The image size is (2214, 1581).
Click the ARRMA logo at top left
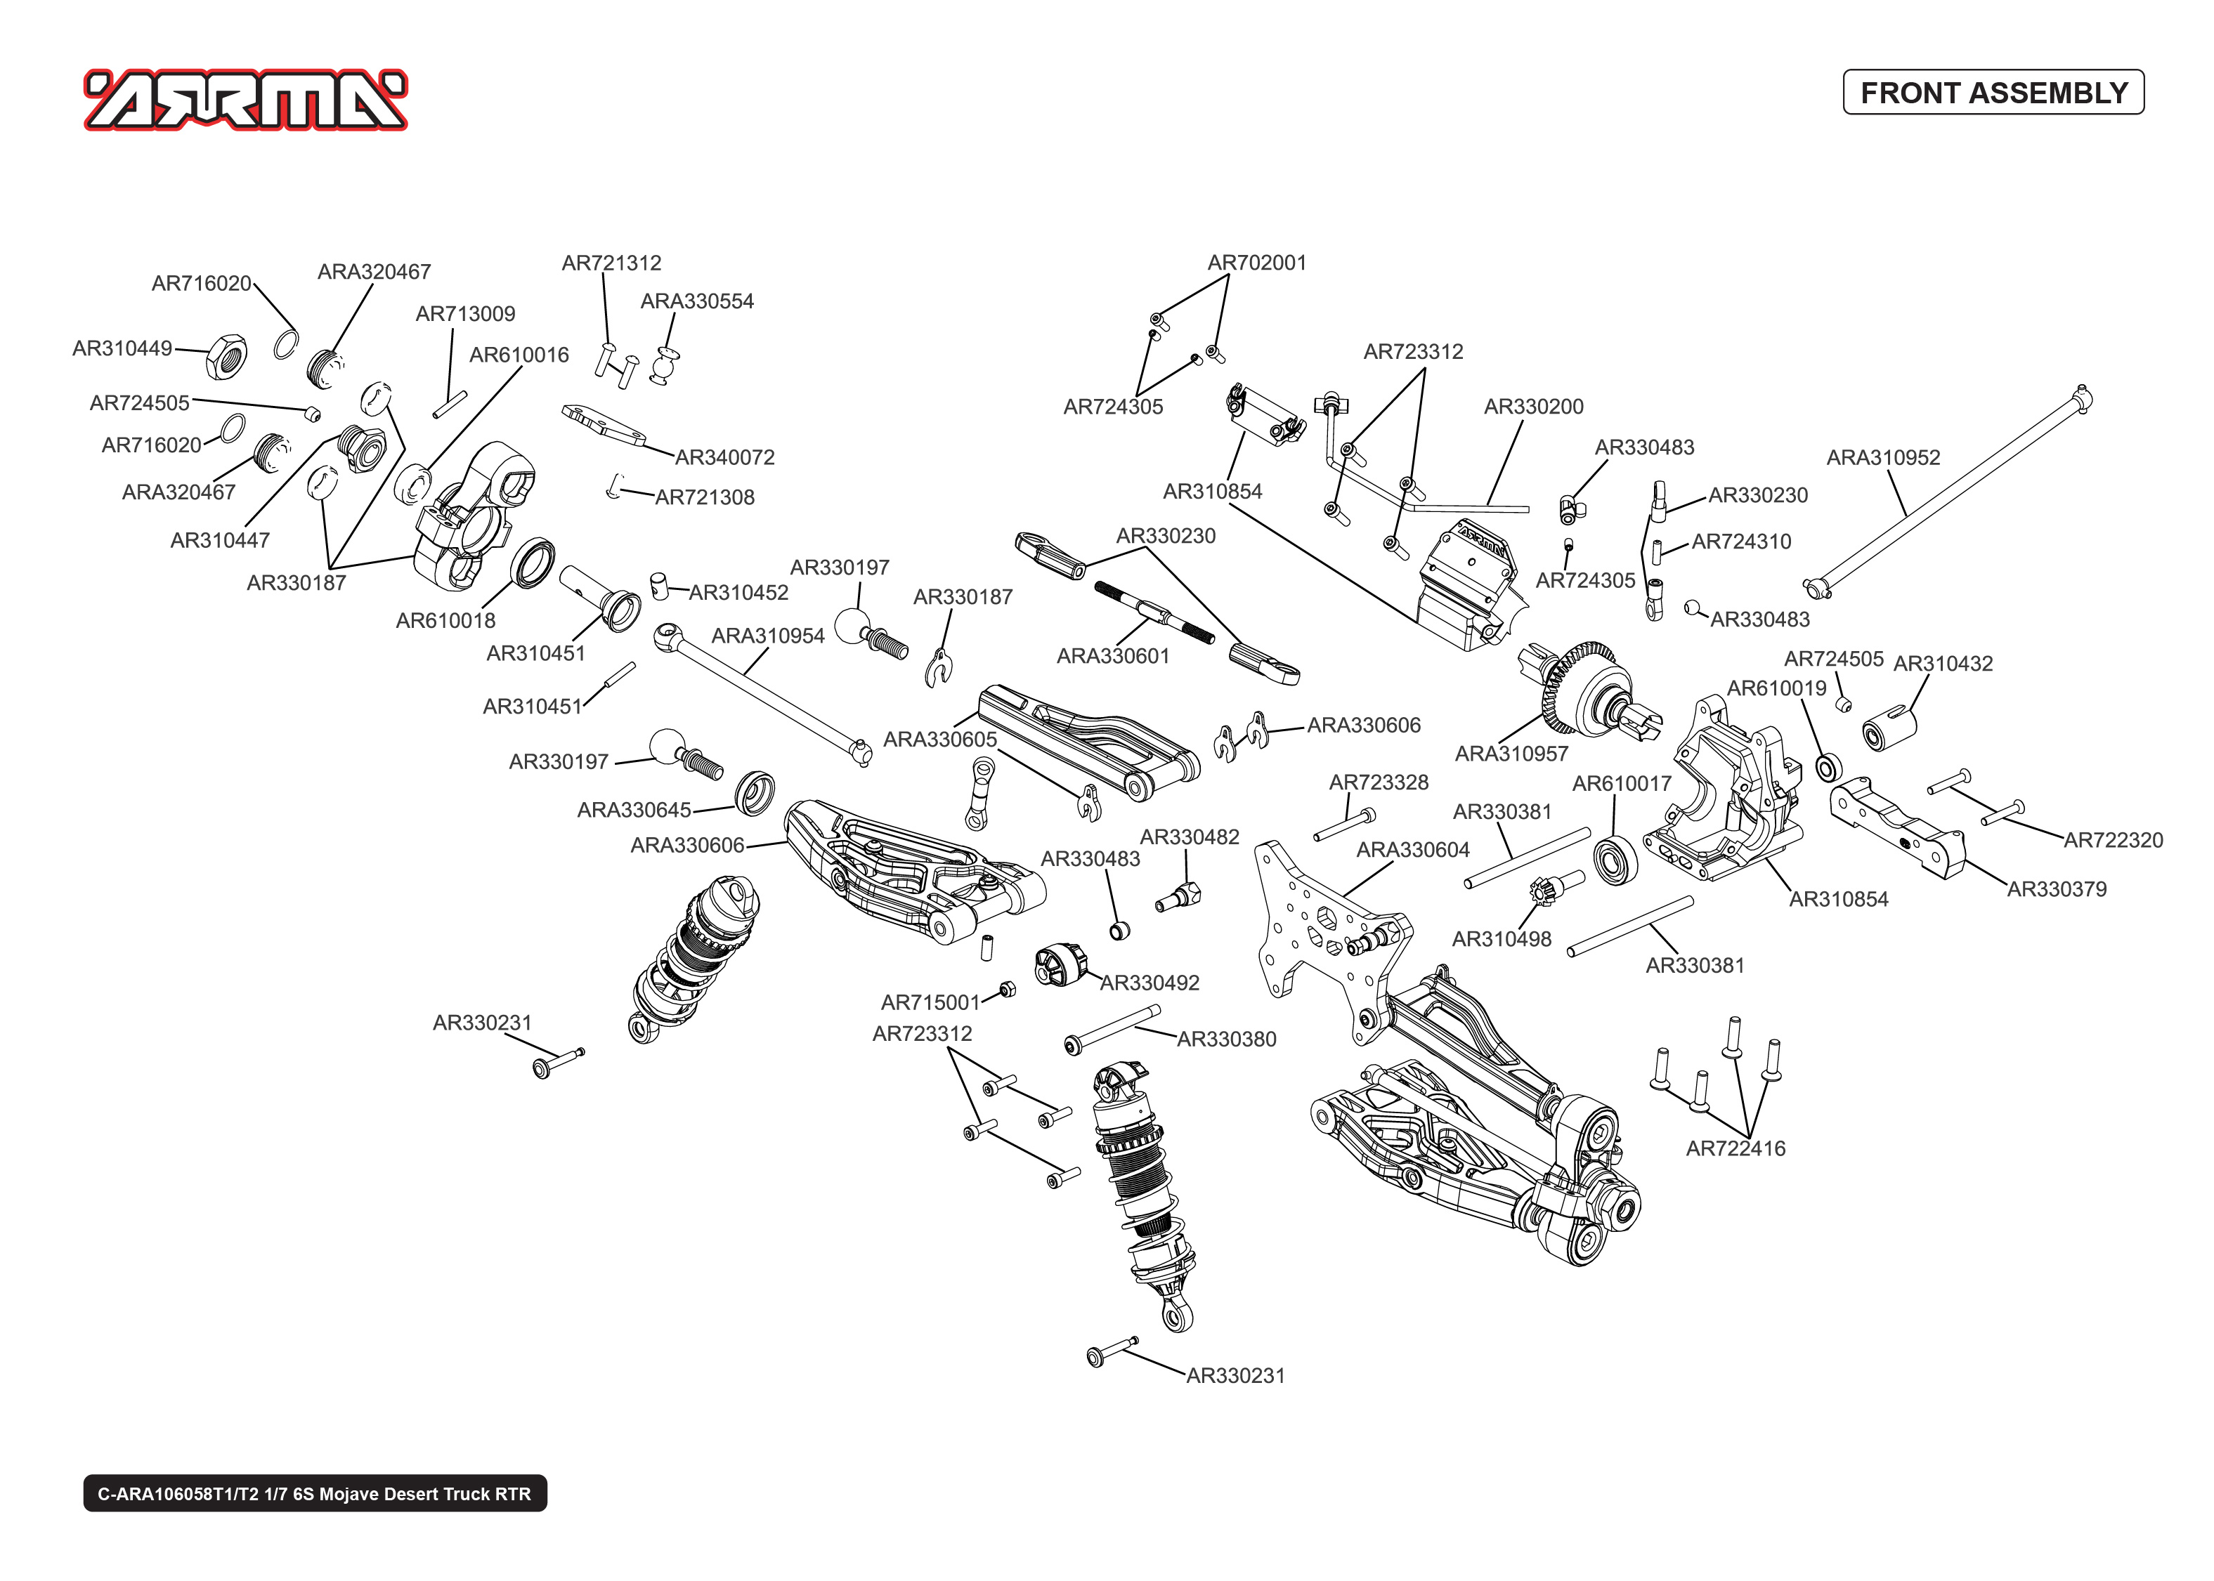[x=245, y=99]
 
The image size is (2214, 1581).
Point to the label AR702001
[x=1256, y=263]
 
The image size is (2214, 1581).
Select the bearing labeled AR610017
[x=1615, y=860]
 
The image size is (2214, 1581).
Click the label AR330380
[x=1226, y=1039]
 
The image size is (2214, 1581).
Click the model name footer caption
[x=315, y=1493]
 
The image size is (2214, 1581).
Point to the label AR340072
[x=724, y=457]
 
